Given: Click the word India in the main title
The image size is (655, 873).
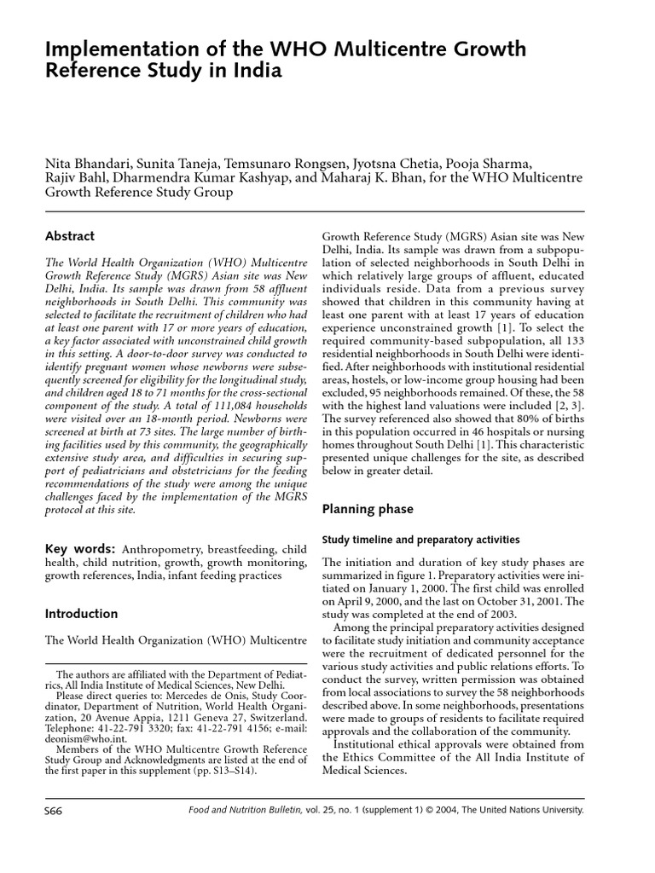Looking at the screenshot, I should click(x=253, y=71).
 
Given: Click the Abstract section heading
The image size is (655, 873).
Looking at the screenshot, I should click(x=69, y=236).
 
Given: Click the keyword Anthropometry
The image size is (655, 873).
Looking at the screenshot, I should click(x=166, y=549).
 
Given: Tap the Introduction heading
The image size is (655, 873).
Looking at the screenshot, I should click(x=81, y=614).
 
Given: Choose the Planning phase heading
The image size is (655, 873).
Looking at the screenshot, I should click(x=367, y=509).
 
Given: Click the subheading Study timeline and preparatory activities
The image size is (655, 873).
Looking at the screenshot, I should click(x=420, y=540).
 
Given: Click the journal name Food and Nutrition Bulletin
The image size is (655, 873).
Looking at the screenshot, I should click(x=247, y=811).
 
